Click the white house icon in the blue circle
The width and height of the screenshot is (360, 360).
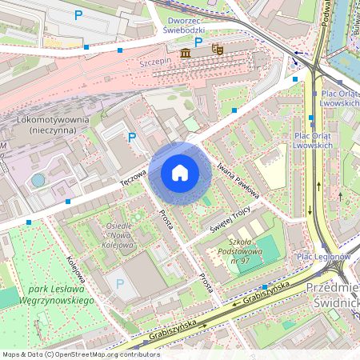pos(180,173)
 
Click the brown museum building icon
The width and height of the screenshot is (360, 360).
pos(186,53)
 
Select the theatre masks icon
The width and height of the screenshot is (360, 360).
pos(216,50)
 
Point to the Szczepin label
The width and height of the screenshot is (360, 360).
pos(156,61)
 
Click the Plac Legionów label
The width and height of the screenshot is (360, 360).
pos(324,256)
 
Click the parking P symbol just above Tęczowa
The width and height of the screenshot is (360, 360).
pos(132,138)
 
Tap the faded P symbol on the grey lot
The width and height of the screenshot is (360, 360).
pos(120,283)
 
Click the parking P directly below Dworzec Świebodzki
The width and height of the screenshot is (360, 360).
pos(198,42)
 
